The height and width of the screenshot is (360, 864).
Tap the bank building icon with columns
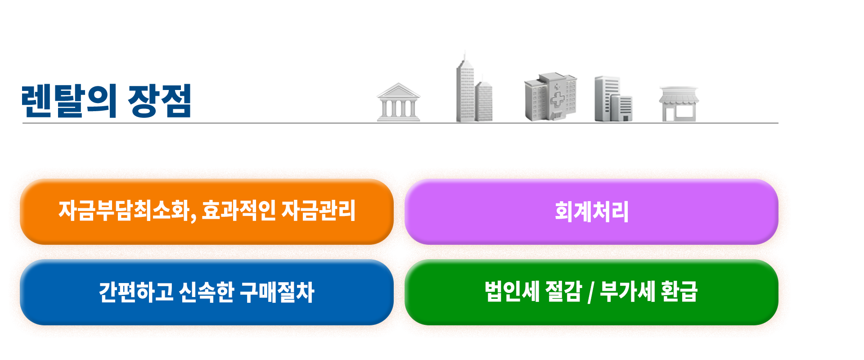pos(398,103)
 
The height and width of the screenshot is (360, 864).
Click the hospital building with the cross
pos(550,97)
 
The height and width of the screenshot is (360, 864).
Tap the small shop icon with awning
pos(678,103)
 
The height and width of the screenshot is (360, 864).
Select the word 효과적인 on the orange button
pos(238,211)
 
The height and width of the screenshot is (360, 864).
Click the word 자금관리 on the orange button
pos(319,211)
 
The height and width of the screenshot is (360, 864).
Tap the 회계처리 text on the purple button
pos(591,211)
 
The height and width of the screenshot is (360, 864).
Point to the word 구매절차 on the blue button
pos(277,292)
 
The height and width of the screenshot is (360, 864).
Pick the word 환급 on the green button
pos(679,292)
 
